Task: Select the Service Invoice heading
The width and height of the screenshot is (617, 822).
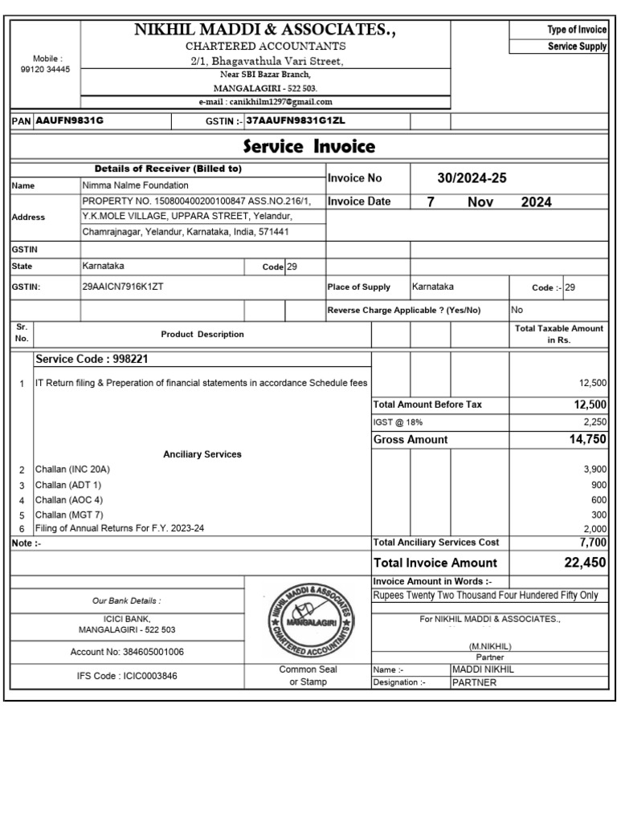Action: pyautogui.click(x=309, y=146)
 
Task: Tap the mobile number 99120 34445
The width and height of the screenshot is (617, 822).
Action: pyautogui.click(x=46, y=70)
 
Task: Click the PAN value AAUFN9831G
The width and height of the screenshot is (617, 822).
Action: pyautogui.click(x=70, y=120)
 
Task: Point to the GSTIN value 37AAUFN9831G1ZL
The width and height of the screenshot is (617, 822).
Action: pyautogui.click(x=296, y=120)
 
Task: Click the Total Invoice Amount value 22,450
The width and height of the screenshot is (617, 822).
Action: pyautogui.click(x=585, y=563)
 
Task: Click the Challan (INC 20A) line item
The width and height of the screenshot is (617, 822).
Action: pyautogui.click(x=72, y=469)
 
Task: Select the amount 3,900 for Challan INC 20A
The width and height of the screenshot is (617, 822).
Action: pyautogui.click(x=595, y=469)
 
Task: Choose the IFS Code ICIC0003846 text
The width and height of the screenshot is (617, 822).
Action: pyautogui.click(x=127, y=676)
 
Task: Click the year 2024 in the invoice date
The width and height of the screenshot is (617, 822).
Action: pyautogui.click(x=536, y=202)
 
